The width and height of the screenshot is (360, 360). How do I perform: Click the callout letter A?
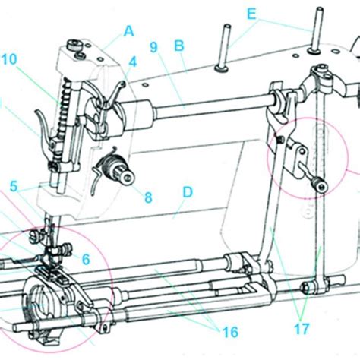(x=128, y=31)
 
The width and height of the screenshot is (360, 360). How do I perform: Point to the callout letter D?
(x=186, y=191)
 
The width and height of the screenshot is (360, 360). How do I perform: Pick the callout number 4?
(x=132, y=61)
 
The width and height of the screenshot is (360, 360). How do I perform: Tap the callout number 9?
(x=154, y=46)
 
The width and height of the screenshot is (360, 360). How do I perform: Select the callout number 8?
(x=147, y=197)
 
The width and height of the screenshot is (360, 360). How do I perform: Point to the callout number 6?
(x=86, y=259)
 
